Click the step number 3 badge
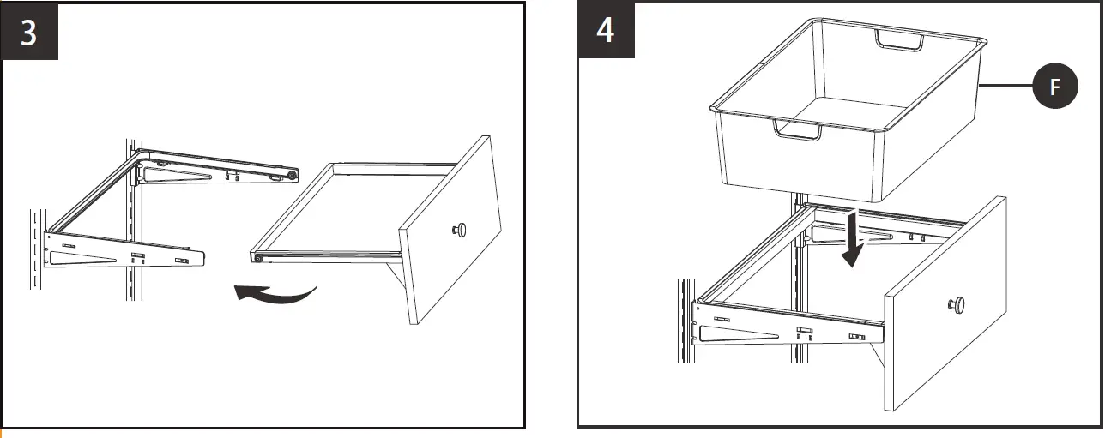(x=29, y=32)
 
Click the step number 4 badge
(x=606, y=32)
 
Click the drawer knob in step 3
(x=460, y=230)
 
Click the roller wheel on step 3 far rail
(x=293, y=175)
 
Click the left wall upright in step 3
(x=37, y=257)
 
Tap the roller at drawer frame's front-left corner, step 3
(x=256, y=257)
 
